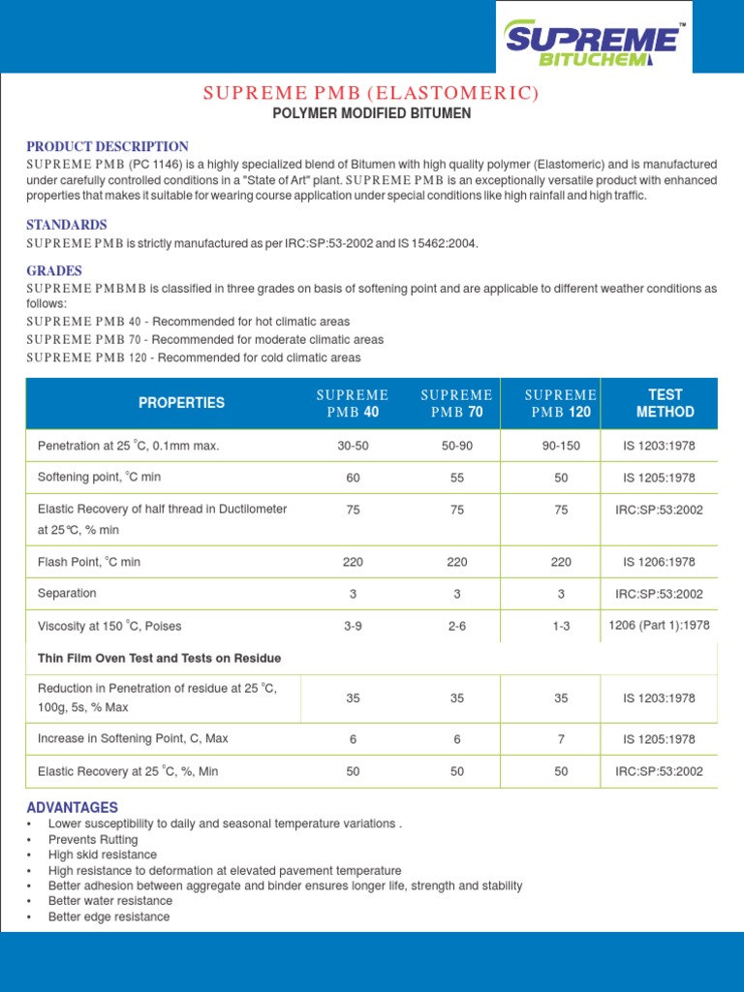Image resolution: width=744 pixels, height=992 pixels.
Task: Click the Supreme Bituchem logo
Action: click(x=594, y=44)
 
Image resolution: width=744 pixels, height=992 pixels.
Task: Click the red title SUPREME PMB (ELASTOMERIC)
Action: click(x=371, y=93)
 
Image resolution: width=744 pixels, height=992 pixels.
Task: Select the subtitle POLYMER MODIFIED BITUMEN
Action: click(x=371, y=113)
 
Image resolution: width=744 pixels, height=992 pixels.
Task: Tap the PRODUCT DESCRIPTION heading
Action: click(x=108, y=146)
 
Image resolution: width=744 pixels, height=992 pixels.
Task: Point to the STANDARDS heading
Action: click(x=67, y=225)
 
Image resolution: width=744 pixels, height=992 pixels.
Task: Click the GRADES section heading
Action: click(x=54, y=270)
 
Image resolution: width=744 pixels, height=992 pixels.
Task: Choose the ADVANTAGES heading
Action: click(x=73, y=807)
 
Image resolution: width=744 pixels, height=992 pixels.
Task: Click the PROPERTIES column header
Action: click(x=181, y=403)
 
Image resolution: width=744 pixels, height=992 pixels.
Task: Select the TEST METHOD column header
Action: click(x=665, y=403)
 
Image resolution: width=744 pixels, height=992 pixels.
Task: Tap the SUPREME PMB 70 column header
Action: click(x=457, y=403)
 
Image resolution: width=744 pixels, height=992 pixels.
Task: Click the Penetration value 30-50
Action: click(x=353, y=446)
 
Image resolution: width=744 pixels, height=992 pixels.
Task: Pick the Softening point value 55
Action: click(x=457, y=478)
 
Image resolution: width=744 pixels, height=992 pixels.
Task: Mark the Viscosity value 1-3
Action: click(x=561, y=626)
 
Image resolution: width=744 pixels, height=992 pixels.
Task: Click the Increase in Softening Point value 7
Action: click(x=561, y=738)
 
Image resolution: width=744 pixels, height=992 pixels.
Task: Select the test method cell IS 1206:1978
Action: click(x=659, y=562)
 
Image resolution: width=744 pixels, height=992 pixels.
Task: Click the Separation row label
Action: click(x=67, y=593)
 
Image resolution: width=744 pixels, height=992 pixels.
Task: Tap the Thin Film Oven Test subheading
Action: click(x=159, y=658)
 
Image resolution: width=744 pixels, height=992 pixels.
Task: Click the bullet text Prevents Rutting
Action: click(x=93, y=839)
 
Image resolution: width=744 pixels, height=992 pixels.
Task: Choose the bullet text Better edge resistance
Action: click(x=108, y=916)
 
